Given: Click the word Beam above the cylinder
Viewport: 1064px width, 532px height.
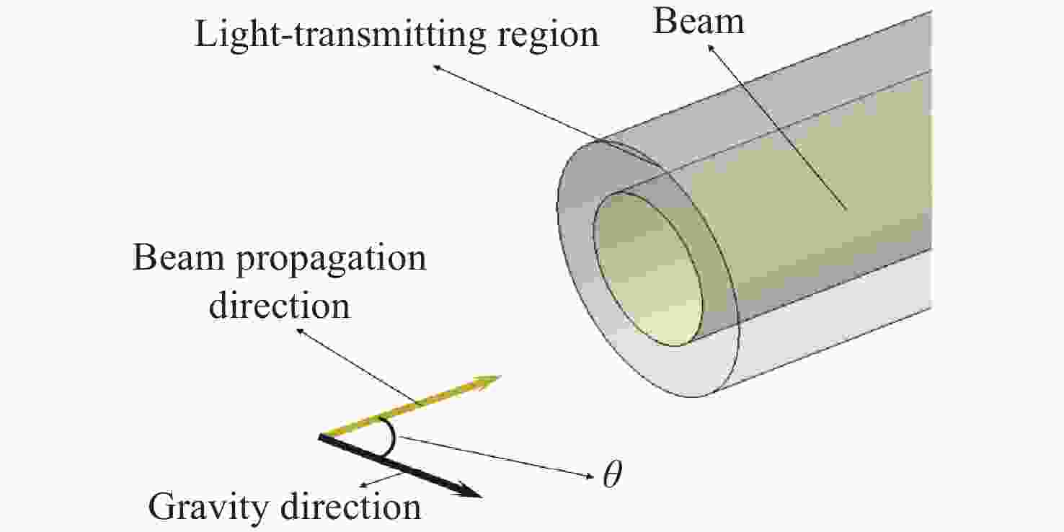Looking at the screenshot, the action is pyautogui.click(x=699, y=22).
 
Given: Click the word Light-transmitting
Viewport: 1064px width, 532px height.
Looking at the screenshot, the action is pyautogui.click(x=340, y=35).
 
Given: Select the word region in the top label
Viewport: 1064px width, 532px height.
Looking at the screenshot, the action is pyautogui.click(x=548, y=37).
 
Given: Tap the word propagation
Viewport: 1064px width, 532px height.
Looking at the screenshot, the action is pyautogui.click(x=332, y=260).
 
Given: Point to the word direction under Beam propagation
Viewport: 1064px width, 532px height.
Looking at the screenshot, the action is pyautogui.click(x=279, y=306).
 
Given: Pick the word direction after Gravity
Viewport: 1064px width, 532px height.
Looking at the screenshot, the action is pyautogui.click(x=350, y=506).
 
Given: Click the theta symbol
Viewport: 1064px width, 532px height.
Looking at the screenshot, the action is pyautogui.click(x=612, y=474).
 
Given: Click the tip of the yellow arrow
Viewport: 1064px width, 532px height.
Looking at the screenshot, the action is pyautogui.click(x=500, y=377).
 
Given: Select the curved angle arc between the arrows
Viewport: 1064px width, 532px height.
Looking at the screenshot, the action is pyautogui.click(x=392, y=437).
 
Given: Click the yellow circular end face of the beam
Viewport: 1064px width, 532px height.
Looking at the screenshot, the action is pyautogui.click(x=648, y=270).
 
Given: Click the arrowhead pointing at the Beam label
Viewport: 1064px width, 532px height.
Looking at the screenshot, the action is pyautogui.click(x=710, y=47).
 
